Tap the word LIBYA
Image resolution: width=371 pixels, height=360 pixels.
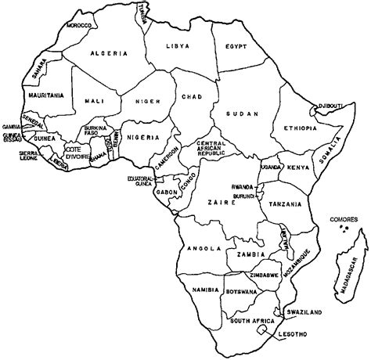[178, 46]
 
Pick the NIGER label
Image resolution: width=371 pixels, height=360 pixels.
[146, 100]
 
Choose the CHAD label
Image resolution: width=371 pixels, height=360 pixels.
[193, 97]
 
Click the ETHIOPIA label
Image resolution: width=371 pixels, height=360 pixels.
[301, 128]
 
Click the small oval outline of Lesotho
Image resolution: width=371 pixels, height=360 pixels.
[261, 332]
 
